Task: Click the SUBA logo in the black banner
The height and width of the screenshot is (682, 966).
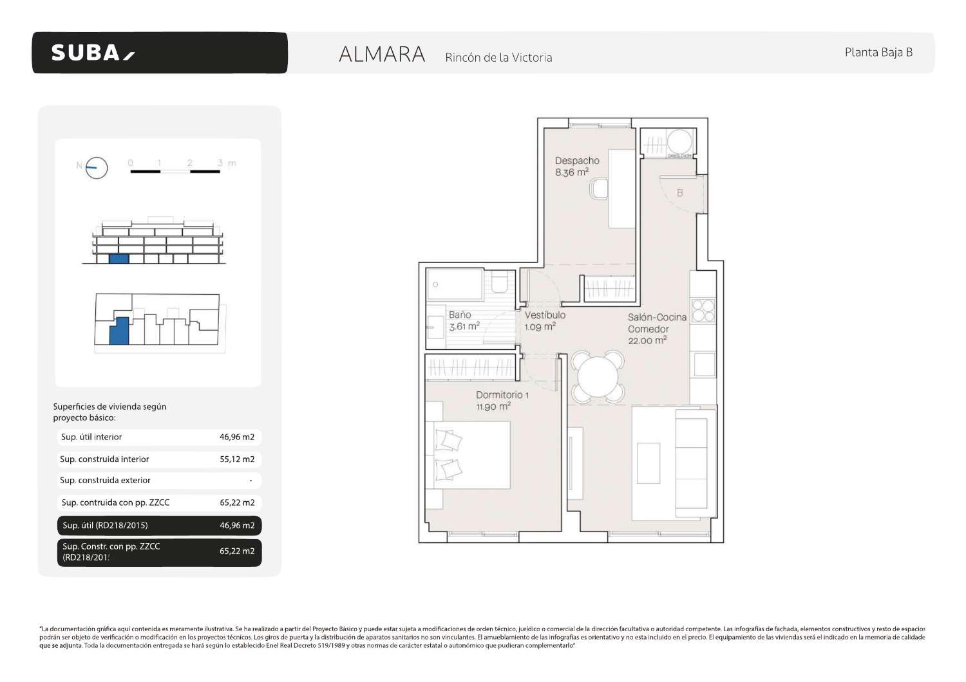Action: (x=93, y=53)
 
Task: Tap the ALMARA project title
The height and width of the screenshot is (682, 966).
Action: (x=382, y=55)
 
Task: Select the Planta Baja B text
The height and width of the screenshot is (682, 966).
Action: (x=878, y=53)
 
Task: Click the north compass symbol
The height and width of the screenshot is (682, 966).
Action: (x=97, y=168)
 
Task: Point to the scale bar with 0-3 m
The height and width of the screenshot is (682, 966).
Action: (x=175, y=170)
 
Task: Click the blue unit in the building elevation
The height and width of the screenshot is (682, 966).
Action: (x=118, y=259)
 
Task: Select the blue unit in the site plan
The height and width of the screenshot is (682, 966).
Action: (x=118, y=331)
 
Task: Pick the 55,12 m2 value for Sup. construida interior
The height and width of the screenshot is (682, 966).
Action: (x=237, y=459)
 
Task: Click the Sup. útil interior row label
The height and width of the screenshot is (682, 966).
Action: (x=91, y=437)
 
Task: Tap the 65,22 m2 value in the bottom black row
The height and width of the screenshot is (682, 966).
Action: (x=237, y=551)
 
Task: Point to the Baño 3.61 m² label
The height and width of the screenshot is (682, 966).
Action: (x=463, y=320)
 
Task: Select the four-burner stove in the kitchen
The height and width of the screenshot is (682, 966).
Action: (x=703, y=310)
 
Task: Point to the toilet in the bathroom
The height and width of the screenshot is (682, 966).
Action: (x=500, y=284)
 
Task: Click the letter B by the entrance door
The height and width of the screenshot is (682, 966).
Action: (x=679, y=193)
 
